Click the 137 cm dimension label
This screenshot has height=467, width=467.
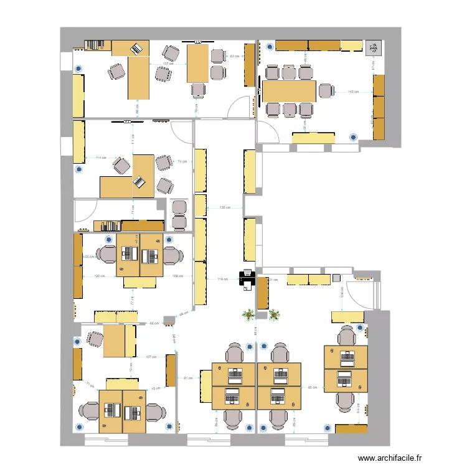[x=167, y=64]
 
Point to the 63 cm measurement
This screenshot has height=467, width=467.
[x=234, y=57]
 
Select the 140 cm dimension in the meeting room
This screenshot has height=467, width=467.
[x=353, y=92]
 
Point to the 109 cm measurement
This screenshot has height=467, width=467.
[x=177, y=275]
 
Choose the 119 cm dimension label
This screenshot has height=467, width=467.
[x=223, y=279]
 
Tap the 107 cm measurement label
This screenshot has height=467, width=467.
[x=150, y=357]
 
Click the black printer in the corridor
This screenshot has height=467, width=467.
[x=247, y=278]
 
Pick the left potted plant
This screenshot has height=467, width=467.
[x=249, y=314]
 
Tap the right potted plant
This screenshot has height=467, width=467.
[x=274, y=314]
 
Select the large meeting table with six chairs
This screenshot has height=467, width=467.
[x=290, y=92]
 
